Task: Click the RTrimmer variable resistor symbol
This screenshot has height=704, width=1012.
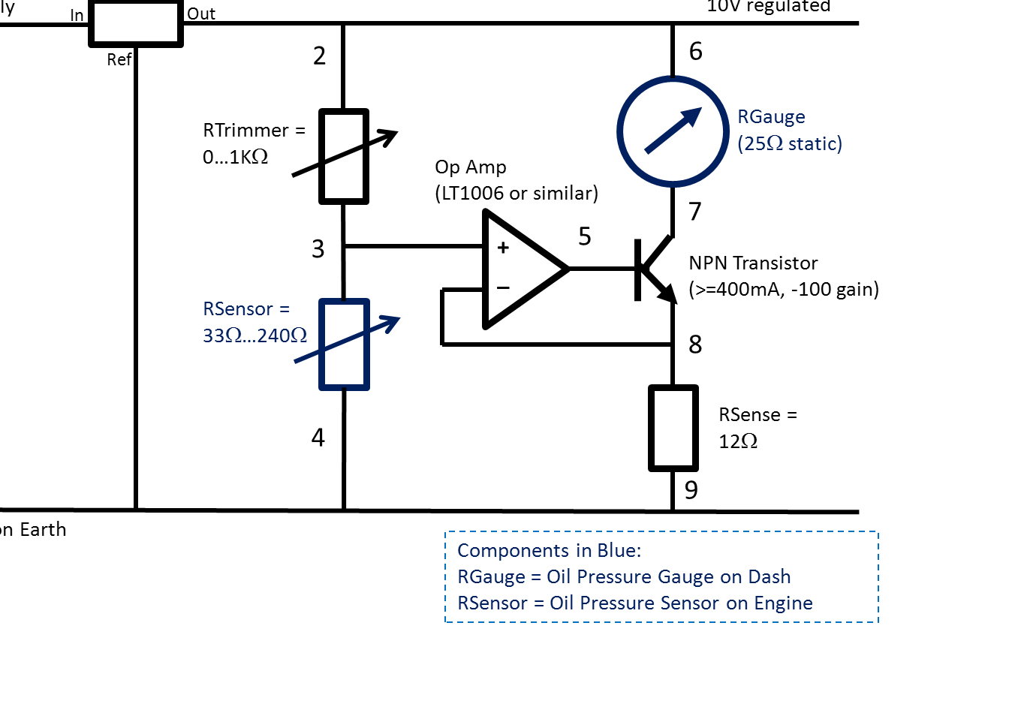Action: pyautogui.click(x=344, y=156)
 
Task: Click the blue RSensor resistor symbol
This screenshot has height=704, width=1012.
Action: pyautogui.click(x=345, y=344)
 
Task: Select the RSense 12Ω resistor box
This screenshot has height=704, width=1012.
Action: pyautogui.click(x=673, y=428)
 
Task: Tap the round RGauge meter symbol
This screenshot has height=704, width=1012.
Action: pyautogui.click(x=673, y=131)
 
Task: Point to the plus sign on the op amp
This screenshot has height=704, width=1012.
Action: pyautogui.click(x=503, y=248)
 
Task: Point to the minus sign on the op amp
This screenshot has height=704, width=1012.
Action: pyautogui.click(x=503, y=287)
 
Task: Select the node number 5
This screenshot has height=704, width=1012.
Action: pyautogui.click(x=585, y=236)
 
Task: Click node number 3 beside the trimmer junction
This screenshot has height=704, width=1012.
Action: pyautogui.click(x=318, y=248)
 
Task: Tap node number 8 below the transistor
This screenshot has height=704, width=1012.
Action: pyautogui.click(x=695, y=344)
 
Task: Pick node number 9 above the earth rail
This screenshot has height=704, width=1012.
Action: pyautogui.click(x=691, y=490)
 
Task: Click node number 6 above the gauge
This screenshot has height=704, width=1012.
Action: pyautogui.click(x=696, y=51)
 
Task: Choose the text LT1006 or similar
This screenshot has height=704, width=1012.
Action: pyautogui.click(x=517, y=193)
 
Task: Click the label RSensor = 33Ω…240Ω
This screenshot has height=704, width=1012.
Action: pyautogui.click(x=255, y=322)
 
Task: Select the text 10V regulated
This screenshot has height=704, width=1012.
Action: pyautogui.click(x=768, y=7)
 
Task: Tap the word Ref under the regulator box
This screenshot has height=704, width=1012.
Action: pyautogui.click(x=119, y=60)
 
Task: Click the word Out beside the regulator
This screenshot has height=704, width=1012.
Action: pyautogui.click(x=201, y=14)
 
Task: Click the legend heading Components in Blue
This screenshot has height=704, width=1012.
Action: pyautogui.click(x=549, y=550)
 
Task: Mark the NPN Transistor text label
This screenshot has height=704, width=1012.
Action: pyautogui.click(x=753, y=263)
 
